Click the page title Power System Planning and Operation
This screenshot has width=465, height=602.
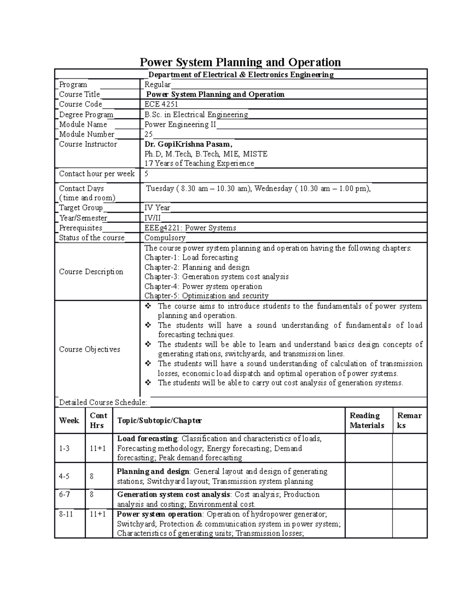tap(240, 62)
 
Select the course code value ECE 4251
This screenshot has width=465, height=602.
tap(161, 104)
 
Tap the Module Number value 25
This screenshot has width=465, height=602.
tap(148, 135)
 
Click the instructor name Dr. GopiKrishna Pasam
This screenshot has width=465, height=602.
tap(188, 144)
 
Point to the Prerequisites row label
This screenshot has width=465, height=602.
tap(81, 228)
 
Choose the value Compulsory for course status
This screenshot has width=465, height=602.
tap(165, 238)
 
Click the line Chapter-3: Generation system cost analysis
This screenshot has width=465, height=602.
tap(216, 277)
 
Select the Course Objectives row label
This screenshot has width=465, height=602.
tap(90, 349)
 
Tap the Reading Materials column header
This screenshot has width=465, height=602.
tap(367, 421)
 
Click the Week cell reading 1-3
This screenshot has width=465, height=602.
tap(64, 448)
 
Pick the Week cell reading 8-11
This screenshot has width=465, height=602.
tap(66, 514)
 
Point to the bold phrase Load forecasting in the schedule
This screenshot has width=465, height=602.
tap(147, 439)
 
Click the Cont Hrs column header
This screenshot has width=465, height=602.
tap(98, 421)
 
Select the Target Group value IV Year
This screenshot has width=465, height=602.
tap(157, 208)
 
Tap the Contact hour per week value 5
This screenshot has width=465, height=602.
tap(146, 174)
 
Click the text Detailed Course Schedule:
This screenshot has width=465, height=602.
tap(103, 402)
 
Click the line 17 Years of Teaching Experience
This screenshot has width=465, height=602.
tap(199, 164)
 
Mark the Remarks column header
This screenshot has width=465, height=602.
tap(409, 421)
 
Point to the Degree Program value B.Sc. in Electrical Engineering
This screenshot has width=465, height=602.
tap(196, 115)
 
